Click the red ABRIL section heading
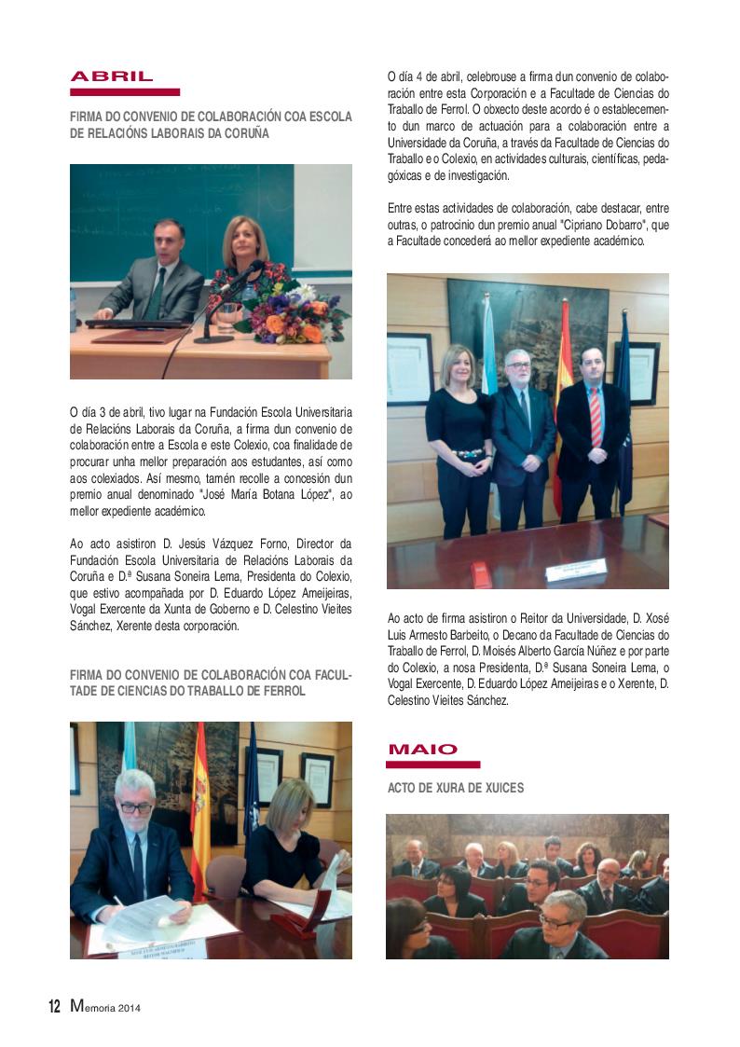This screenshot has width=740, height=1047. point(111,76)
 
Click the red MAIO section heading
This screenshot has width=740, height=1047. point(422,749)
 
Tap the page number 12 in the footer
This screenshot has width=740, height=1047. point(54,1007)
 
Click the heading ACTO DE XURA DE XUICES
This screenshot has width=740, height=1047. point(456,788)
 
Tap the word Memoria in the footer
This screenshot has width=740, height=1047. point(96,1007)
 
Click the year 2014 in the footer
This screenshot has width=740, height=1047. point(130,1008)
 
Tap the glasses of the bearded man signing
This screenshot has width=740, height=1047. point(136,804)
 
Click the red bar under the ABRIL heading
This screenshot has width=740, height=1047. point(125,92)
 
